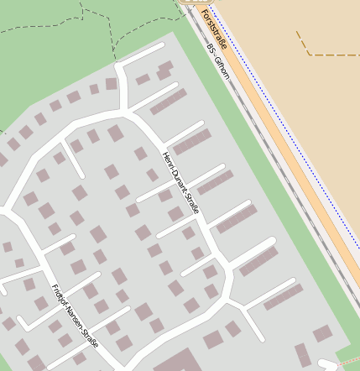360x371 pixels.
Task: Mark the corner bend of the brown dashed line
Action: [308, 53]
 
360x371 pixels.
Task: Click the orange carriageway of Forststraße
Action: [277, 134]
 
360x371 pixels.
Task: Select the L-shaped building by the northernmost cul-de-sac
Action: [163, 70]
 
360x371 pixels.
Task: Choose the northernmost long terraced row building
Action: [169, 102]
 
